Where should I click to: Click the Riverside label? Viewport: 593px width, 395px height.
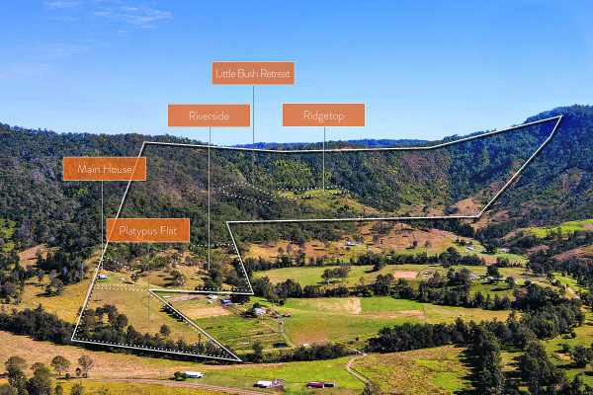pos(209,116)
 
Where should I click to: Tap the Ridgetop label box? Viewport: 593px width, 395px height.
pos(323,115)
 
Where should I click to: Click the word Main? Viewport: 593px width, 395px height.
pos(89,169)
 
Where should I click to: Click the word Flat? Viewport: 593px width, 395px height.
pos(171,230)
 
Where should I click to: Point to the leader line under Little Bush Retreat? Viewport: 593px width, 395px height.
pos(253,114)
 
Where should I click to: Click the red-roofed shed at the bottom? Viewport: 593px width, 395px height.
pos(315,384)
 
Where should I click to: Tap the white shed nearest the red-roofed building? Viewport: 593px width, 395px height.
pos(264,383)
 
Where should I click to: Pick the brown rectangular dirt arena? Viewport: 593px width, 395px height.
pos(406,274)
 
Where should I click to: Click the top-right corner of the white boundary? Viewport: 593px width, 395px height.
pos(560,117)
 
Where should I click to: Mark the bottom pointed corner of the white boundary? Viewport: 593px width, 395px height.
pos(240,360)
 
